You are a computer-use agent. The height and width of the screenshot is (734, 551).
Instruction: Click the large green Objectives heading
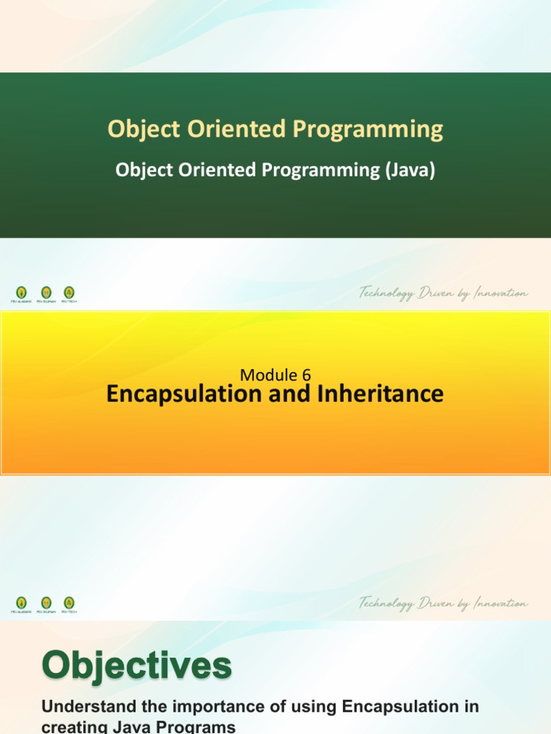click(x=137, y=667)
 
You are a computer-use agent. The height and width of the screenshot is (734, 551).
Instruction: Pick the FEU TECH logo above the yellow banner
click(x=69, y=293)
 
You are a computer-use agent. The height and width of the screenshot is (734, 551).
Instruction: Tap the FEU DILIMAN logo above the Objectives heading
click(x=46, y=604)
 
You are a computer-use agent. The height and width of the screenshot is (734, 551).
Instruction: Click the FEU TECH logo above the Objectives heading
click(x=69, y=604)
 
